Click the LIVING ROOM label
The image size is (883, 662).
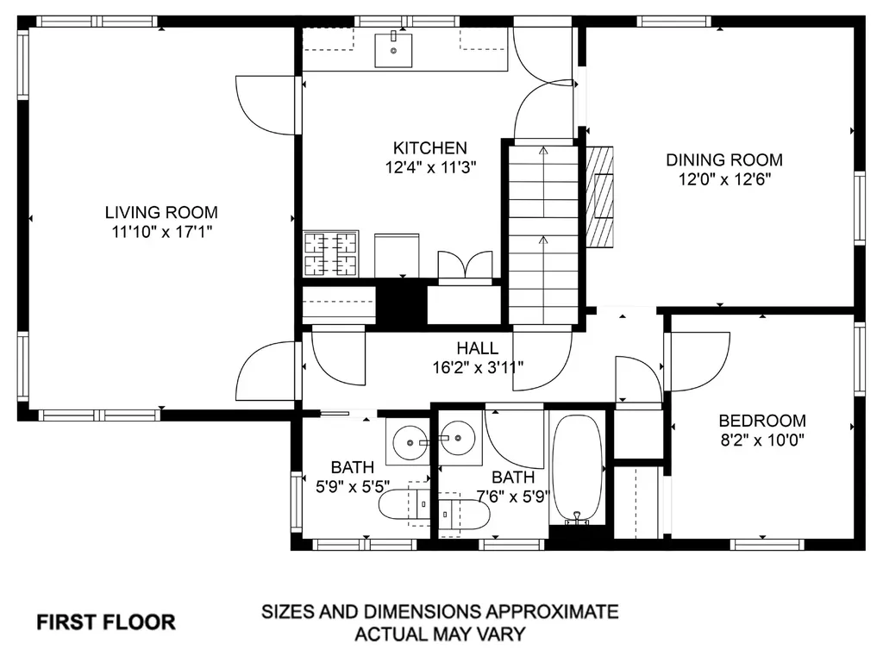161,212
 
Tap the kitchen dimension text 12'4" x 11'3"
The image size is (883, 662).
431,167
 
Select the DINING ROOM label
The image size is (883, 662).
724,159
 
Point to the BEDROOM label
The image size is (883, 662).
762,421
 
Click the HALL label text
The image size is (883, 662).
478,348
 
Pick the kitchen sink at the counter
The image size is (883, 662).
393,51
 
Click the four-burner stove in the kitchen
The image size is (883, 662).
331,254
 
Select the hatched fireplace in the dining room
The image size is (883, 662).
600,197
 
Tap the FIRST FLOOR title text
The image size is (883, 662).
106,622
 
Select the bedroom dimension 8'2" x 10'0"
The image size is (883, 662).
762,440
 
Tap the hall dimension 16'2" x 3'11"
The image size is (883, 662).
478,367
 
